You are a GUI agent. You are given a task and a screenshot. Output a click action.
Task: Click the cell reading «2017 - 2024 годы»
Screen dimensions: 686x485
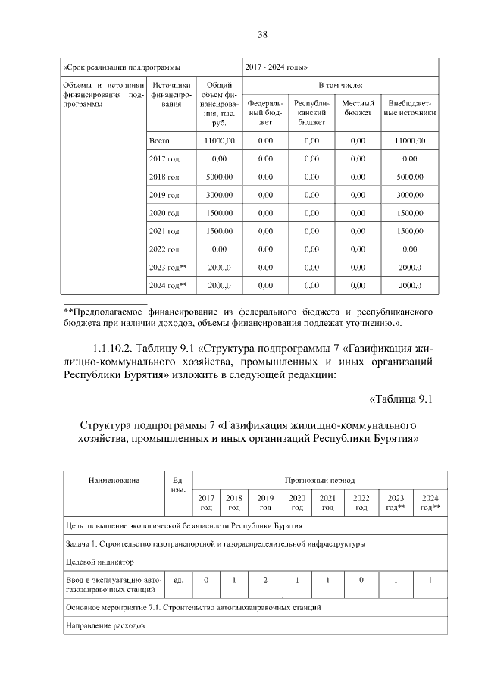tap(276, 66)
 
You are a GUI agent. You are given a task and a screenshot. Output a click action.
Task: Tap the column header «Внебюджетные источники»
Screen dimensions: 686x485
tap(410, 108)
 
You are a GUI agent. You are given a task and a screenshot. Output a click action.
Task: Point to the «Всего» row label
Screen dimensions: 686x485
tap(159, 141)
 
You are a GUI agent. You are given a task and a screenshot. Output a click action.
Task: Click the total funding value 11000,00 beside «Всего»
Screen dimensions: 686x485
tap(219, 141)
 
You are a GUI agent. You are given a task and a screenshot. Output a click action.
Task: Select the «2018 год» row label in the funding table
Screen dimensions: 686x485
tap(164, 177)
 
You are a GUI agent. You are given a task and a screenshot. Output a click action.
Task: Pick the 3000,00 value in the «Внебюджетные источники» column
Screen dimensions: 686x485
tap(410, 195)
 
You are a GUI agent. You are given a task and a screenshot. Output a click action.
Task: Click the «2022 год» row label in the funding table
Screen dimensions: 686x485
tap(164, 249)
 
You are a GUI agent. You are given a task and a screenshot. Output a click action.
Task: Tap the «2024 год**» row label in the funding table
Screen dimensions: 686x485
tap(167, 285)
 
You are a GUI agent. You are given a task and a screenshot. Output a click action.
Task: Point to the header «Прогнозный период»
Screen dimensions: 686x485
tap(319, 481)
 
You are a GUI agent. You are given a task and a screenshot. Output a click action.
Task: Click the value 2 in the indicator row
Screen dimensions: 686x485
tap(264, 581)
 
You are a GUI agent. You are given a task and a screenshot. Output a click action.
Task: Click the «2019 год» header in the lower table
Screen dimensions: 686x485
tap(264, 503)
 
